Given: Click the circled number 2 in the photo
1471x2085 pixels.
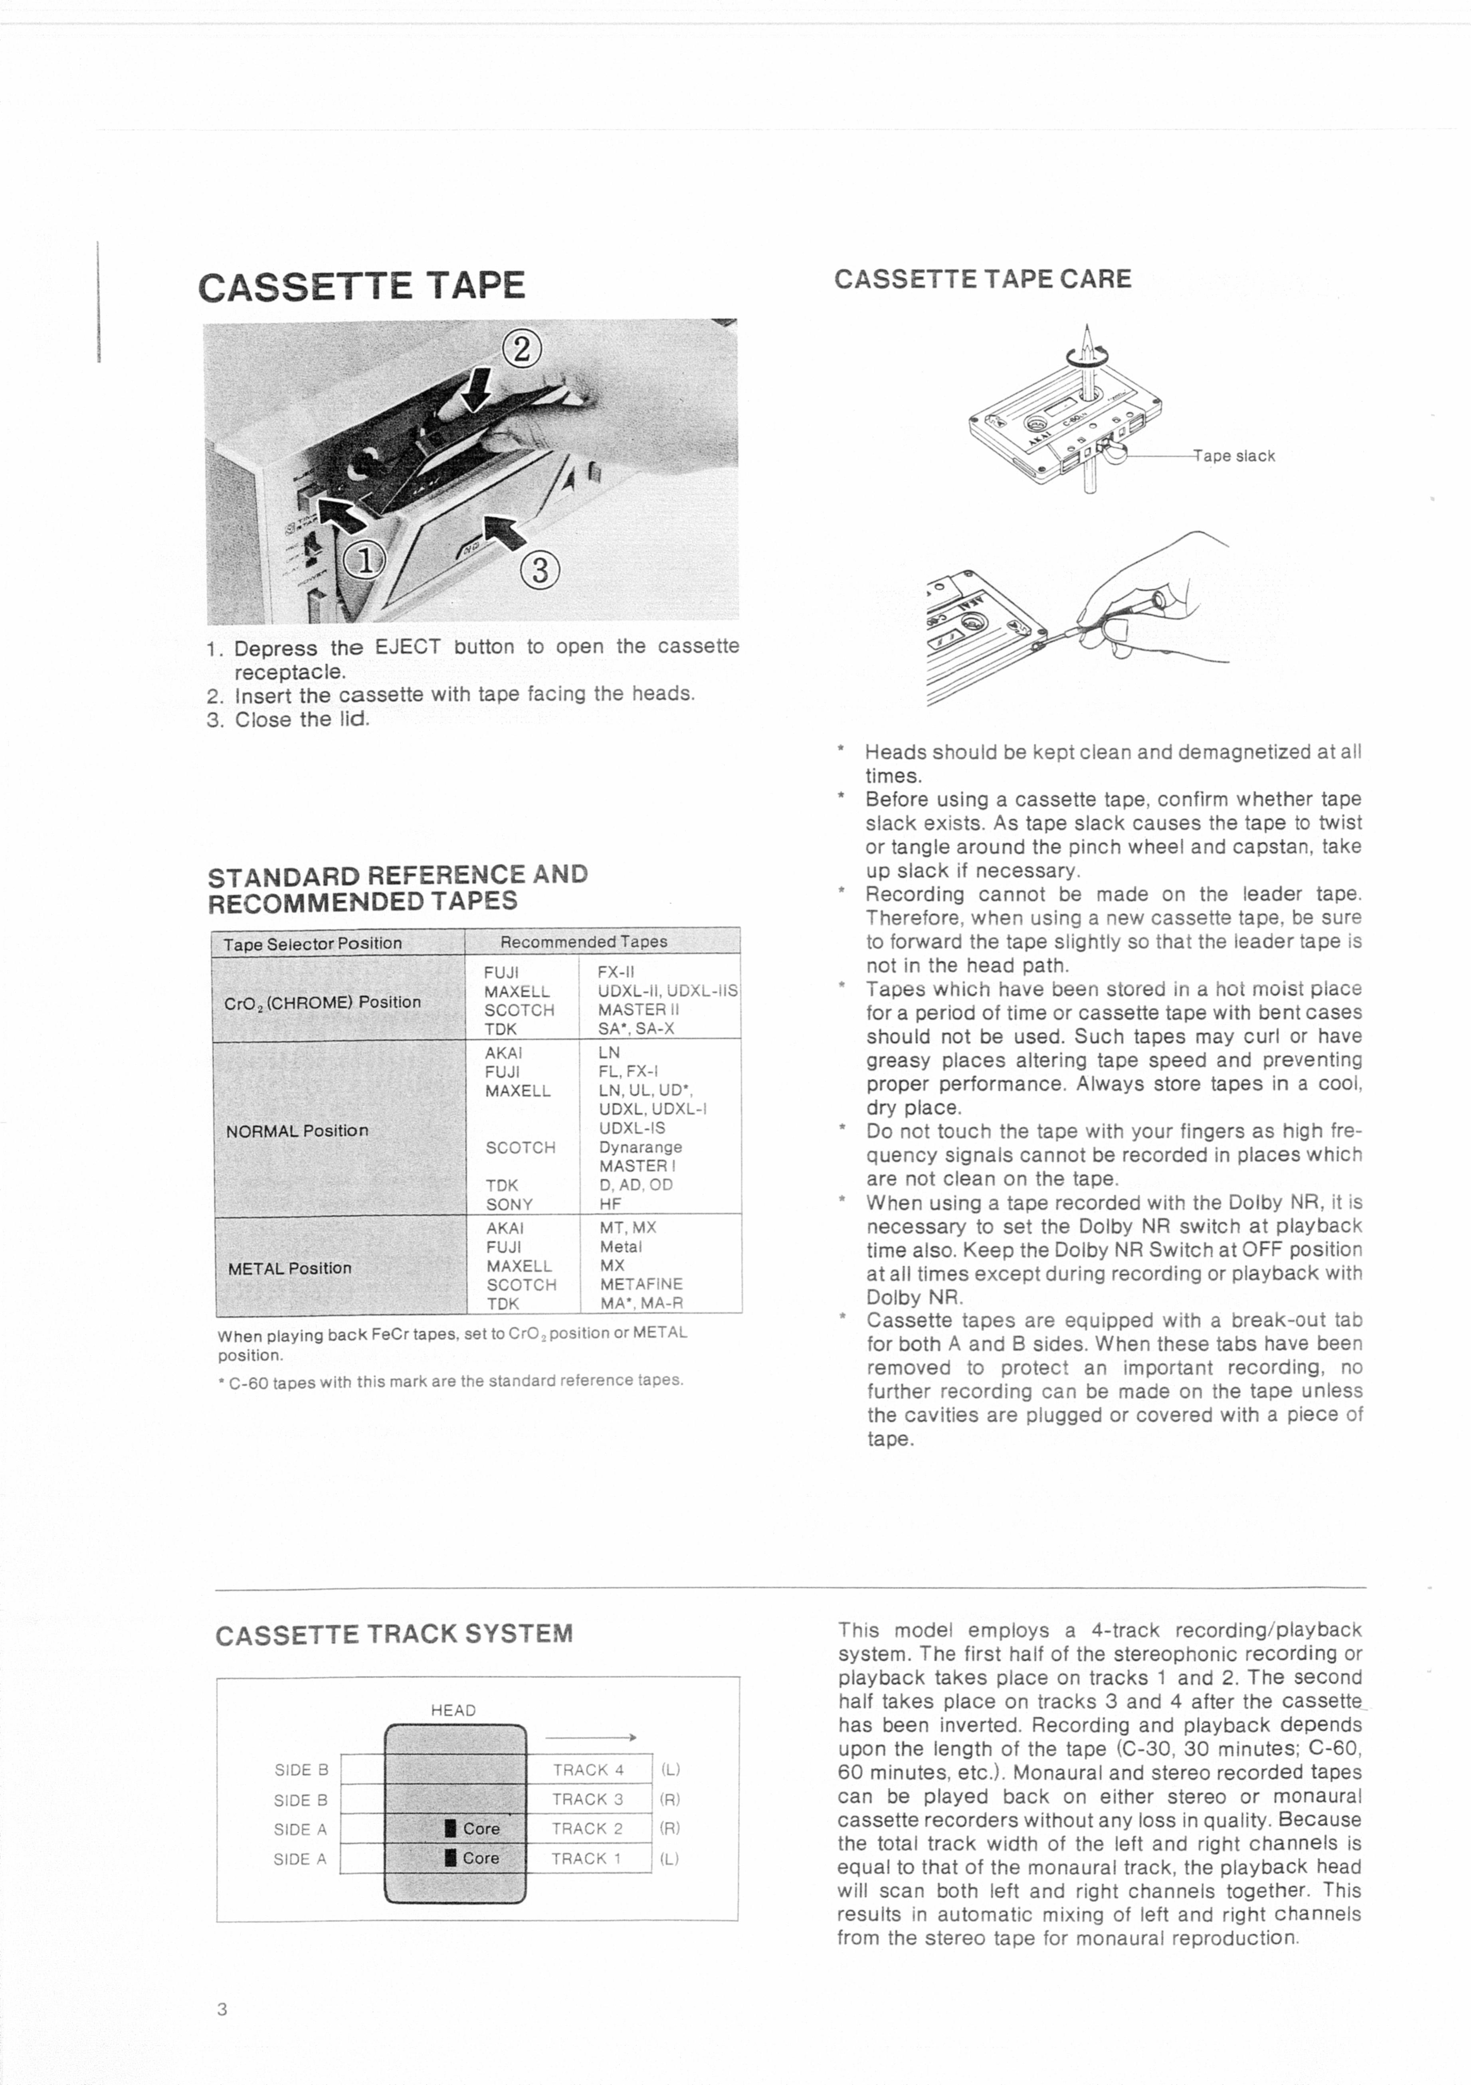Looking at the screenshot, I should point(521,349).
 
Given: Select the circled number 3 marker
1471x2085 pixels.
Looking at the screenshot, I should point(540,570).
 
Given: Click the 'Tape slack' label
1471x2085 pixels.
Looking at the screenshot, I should point(1235,456).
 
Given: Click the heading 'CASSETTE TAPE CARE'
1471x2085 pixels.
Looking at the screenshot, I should point(982,279).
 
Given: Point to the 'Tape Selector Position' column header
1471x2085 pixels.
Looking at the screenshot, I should point(313,944).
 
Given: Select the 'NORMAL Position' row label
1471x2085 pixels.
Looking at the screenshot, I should point(297,1131).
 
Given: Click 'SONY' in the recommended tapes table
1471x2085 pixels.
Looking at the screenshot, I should point(509,1204).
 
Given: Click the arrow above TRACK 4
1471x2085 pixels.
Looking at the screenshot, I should point(590,1737).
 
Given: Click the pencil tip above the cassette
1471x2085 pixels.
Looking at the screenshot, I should point(1086,327).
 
